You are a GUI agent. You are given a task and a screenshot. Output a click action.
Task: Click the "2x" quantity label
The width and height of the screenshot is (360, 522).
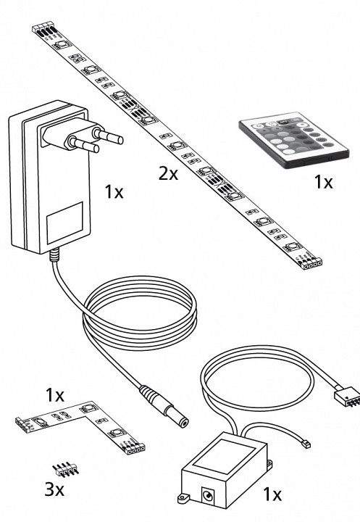pos(168,174)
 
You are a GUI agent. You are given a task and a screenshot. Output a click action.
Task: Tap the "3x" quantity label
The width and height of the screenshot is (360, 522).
pos(54,489)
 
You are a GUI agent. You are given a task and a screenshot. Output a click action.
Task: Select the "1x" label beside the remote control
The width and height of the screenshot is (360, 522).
pos(323,182)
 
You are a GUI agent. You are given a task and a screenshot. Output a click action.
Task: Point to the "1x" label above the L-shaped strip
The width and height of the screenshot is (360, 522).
pos(55,395)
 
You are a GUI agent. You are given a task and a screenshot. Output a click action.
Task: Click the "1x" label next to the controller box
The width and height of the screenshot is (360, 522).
pos(272,494)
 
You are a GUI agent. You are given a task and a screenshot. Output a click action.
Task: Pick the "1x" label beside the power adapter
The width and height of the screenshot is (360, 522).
pos(114,192)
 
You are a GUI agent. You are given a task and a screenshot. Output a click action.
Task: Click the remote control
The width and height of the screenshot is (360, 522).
pos(294,140)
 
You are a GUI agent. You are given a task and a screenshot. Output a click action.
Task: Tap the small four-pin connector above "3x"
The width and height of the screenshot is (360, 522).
pos(66,469)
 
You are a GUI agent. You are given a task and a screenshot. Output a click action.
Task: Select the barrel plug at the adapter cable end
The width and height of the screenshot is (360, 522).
pos(164,406)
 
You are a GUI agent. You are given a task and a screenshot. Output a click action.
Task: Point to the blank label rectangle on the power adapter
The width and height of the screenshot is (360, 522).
pos(64,223)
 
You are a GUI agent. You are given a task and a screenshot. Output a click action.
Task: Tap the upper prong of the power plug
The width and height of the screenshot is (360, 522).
pos(108,136)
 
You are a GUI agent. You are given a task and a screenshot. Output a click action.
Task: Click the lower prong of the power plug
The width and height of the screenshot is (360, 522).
pos(83,145)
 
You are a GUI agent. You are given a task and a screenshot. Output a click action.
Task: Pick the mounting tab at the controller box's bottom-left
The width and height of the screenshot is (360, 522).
pos(183,498)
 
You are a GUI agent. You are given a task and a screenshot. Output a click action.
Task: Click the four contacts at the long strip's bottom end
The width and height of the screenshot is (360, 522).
pos(312,265)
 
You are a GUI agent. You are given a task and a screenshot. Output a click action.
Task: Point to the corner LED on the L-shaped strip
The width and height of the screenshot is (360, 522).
pos(87,407)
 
